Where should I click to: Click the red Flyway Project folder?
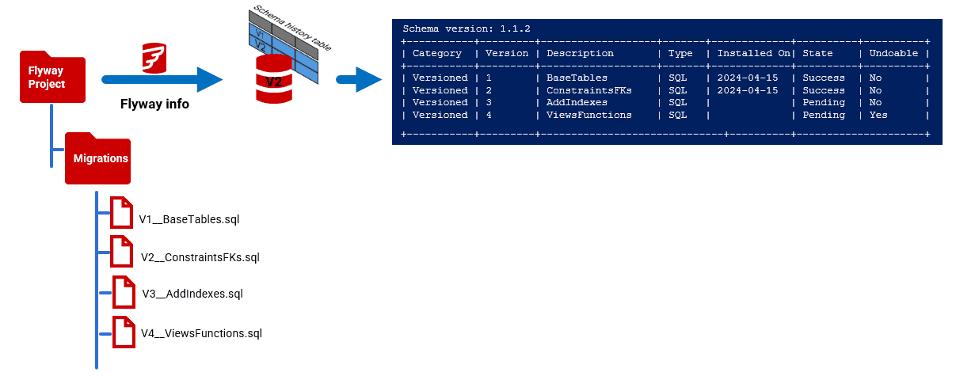tap(52, 78)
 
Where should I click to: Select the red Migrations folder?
tap(97, 158)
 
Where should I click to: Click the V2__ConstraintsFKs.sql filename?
tap(200, 257)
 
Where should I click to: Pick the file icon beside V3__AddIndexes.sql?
tap(124, 292)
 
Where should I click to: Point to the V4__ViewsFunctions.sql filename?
tap(201, 333)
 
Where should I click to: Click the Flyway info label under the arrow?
tap(154, 104)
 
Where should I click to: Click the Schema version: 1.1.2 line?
tap(467, 28)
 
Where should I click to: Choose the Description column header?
tap(580, 54)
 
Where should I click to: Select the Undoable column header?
tap(893, 54)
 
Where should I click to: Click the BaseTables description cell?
tap(577, 78)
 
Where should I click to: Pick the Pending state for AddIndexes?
tap(824, 102)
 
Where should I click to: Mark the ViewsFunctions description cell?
tap(588, 115)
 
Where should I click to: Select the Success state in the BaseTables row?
tap(824, 78)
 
